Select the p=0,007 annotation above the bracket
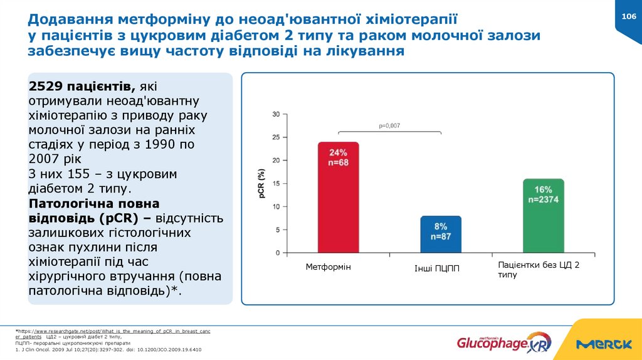[x=389, y=125]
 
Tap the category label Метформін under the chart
[x=329, y=267]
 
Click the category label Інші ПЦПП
[x=437, y=268]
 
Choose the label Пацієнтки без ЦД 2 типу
[x=538, y=270]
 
